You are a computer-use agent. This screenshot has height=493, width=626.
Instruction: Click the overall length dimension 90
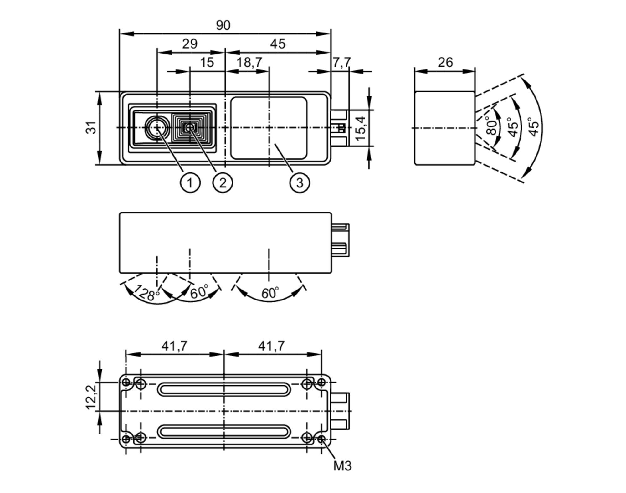[223, 25]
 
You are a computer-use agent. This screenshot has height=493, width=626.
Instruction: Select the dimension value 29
[190, 44]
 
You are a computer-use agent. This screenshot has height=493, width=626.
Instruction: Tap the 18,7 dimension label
[249, 62]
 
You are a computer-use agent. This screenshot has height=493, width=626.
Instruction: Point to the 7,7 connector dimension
[341, 62]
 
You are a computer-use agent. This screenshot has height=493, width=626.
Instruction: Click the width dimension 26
[445, 62]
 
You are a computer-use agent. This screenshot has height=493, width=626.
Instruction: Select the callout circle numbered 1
[190, 182]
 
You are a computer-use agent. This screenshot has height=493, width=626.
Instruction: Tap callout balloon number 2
[223, 182]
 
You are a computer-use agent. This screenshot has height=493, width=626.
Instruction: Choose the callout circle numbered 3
[300, 182]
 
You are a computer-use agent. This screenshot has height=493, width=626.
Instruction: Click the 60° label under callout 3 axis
[270, 293]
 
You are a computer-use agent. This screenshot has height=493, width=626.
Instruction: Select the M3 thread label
[342, 466]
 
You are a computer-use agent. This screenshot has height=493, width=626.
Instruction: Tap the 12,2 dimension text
[91, 397]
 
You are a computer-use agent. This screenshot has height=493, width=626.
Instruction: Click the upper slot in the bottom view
[224, 390]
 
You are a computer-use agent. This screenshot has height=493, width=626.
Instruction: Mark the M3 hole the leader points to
[321, 439]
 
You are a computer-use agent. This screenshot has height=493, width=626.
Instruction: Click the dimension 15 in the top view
[207, 62]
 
